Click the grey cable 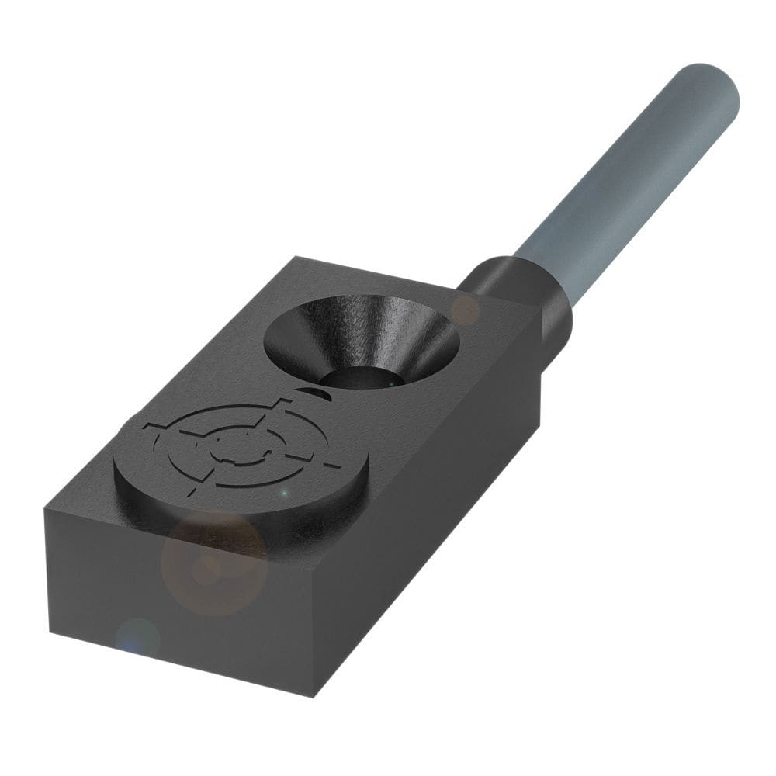(621, 186)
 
